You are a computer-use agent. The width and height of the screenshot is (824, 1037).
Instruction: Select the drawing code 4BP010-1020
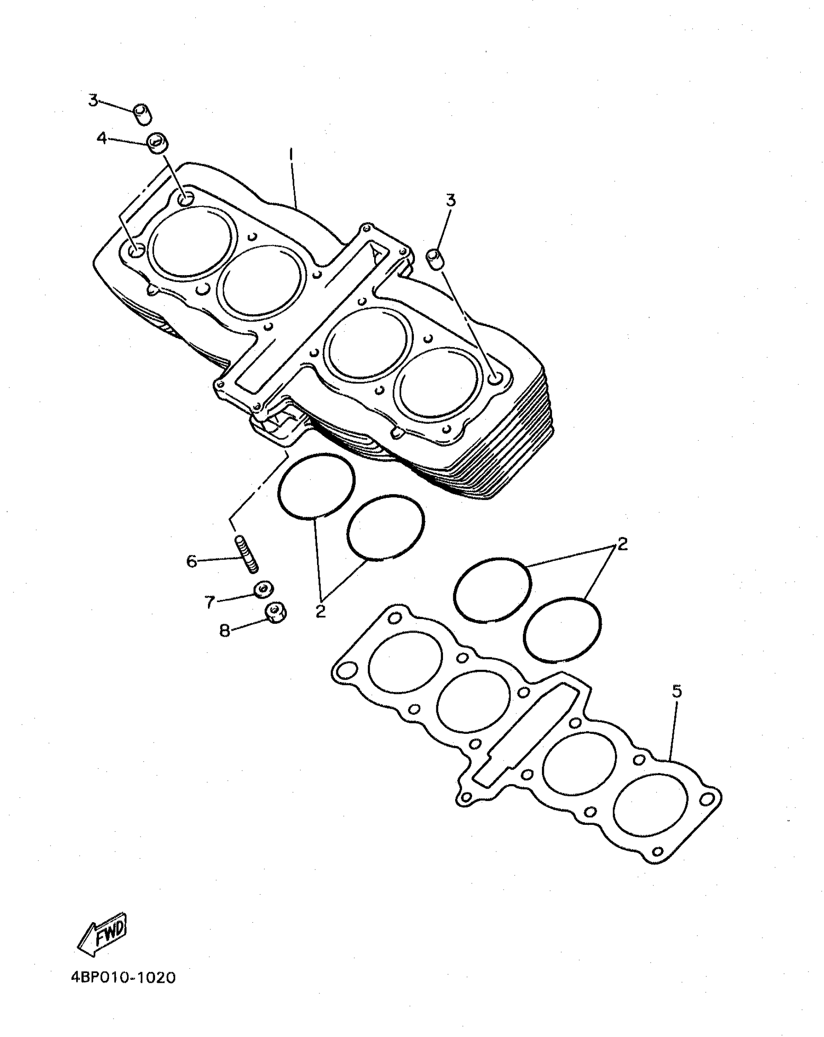coord(124,977)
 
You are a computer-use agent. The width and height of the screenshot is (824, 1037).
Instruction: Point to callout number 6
coord(192,562)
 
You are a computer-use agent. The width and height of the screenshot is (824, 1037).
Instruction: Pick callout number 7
coord(209,602)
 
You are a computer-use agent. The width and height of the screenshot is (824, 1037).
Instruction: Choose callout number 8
coord(224,631)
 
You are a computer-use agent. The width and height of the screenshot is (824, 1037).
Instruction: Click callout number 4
coord(102,139)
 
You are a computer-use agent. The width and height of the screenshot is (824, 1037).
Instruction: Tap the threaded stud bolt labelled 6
coord(248,553)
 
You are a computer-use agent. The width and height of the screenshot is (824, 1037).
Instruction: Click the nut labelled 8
coord(275,613)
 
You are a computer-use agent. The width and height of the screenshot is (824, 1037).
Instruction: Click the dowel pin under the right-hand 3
coord(436,259)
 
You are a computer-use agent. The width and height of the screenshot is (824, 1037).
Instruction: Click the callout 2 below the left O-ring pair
coord(320,612)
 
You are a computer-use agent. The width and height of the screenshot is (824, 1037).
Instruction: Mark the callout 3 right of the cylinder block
coord(451,200)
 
